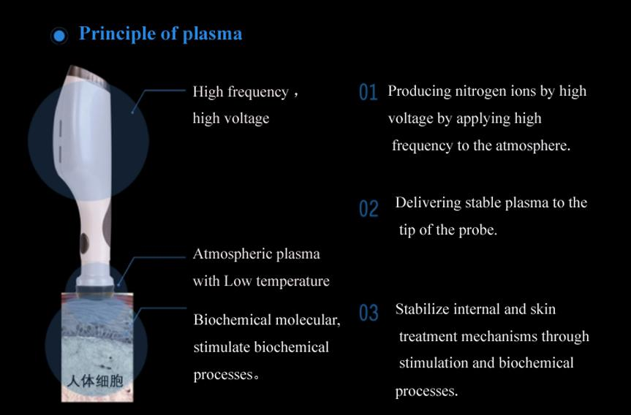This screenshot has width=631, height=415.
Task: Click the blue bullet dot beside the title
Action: pos(59,36)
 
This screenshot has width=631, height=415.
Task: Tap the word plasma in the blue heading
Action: pos(213,34)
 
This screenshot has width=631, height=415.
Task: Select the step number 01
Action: pos(368,92)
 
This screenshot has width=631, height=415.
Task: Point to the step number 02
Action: pos(369,209)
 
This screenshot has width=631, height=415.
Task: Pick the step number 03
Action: pos(369,313)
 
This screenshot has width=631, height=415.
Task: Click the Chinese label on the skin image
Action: pos(95,381)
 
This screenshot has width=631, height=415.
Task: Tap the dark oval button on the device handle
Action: pos(84,243)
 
